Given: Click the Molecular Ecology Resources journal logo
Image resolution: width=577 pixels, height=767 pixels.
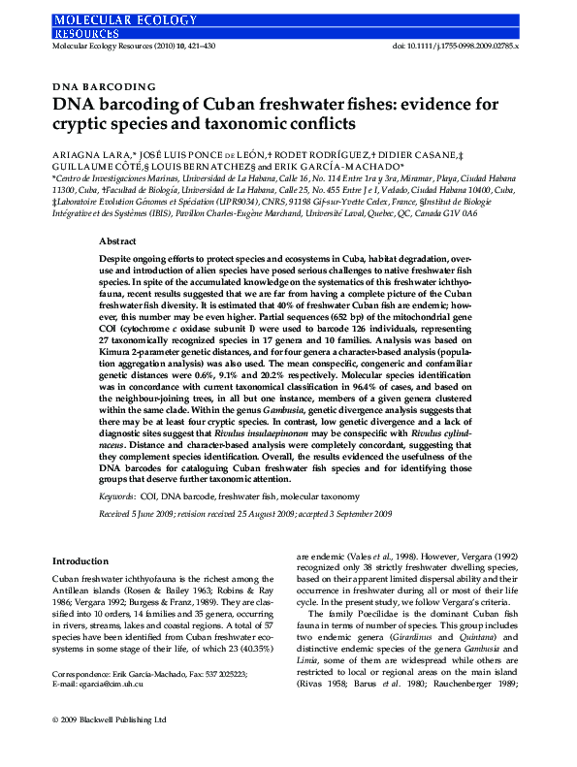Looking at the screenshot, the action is (x=108, y=23).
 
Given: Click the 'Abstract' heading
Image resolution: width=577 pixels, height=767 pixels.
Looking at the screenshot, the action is (x=117, y=240).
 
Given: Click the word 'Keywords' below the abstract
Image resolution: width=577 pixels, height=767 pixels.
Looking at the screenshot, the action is (x=118, y=468).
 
